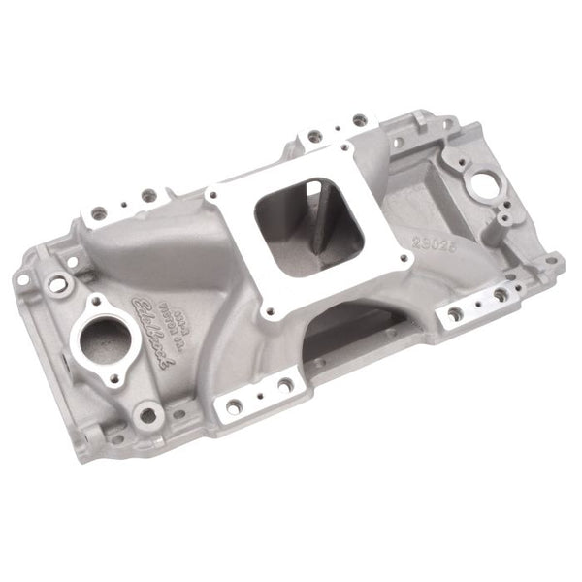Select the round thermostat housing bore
coord(101,339)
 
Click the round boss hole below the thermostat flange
coord(147,415)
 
